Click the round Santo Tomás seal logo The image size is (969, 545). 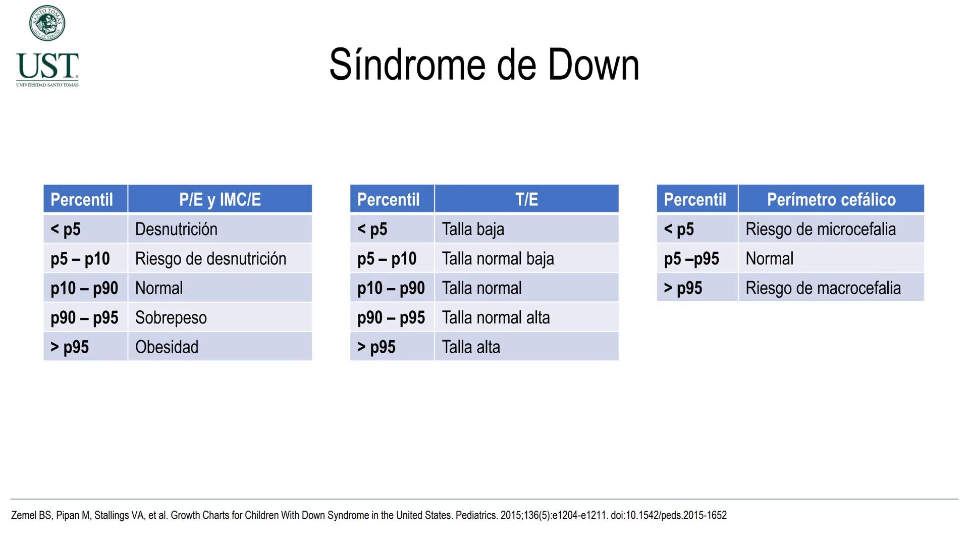tap(47, 23)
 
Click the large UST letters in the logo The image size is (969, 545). tap(47, 66)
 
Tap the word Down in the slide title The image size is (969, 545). tap(593, 65)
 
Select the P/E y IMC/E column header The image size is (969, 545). tap(220, 199)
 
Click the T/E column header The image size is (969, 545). tap(526, 199)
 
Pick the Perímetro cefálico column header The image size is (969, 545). tap(831, 199)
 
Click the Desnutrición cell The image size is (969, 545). tap(176, 229)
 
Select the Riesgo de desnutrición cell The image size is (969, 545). tap(210, 259)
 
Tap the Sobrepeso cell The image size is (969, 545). tap(171, 318)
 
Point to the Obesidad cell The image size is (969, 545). tap(167, 347)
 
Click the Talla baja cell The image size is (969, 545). tap(473, 229)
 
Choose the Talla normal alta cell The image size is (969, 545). tap(496, 318)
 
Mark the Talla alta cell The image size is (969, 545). tap(471, 347)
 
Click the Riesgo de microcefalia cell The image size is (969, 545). tap(821, 229)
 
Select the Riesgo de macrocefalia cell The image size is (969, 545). tap(823, 288)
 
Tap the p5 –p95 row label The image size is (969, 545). tap(691, 259)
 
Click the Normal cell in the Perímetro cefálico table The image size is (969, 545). tap(769, 259)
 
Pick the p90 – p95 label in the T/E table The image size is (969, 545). tap(391, 318)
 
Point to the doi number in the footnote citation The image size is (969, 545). tap(669, 515)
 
